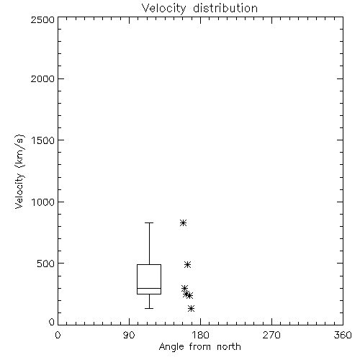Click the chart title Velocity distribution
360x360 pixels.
(199, 8)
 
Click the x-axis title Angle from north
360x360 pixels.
(199, 347)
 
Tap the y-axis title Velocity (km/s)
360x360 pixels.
(19, 171)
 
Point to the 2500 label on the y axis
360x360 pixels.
(42, 19)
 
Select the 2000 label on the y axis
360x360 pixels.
(42, 78)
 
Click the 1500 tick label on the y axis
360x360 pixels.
(43, 140)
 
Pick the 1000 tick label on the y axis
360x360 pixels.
(43, 202)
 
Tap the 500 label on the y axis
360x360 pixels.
(46, 264)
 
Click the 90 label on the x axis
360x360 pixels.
(129, 335)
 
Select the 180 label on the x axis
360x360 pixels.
(200, 335)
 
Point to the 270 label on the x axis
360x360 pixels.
(271, 335)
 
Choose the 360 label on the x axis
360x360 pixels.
(343, 335)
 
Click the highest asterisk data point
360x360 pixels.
(184, 223)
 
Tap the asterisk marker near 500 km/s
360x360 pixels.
(187, 265)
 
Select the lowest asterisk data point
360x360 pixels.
(191, 309)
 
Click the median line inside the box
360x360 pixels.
(149, 288)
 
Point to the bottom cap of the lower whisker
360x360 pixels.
(149, 308)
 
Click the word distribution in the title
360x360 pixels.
(225, 8)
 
